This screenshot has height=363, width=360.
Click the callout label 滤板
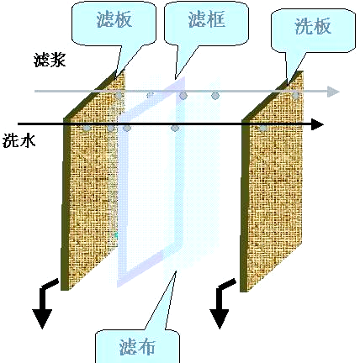pos(114,20)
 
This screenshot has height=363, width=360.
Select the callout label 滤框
pos(207,19)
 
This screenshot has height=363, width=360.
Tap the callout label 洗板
pos(313,26)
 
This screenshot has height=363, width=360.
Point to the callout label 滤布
pos(137,347)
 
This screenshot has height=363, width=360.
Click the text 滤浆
pos(50,60)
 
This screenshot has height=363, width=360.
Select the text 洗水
pos(19,140)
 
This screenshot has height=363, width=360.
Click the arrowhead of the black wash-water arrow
pos(317,124)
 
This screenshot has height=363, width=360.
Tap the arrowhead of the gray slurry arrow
pos(333,92)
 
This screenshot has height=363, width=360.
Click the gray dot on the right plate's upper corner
pos(295,96)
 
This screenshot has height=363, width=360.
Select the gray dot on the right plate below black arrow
pos(263,129)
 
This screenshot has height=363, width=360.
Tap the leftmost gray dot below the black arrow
pos(87,129)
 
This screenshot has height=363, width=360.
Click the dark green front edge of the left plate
pos(65,203)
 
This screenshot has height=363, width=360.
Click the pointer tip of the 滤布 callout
pos(176,271)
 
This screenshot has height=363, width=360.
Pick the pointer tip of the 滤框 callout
pos(176,79)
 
